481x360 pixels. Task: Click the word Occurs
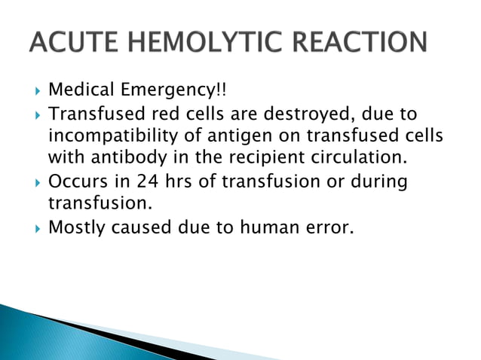[x=75, y=182]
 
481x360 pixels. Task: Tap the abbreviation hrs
[x=181, y=182]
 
